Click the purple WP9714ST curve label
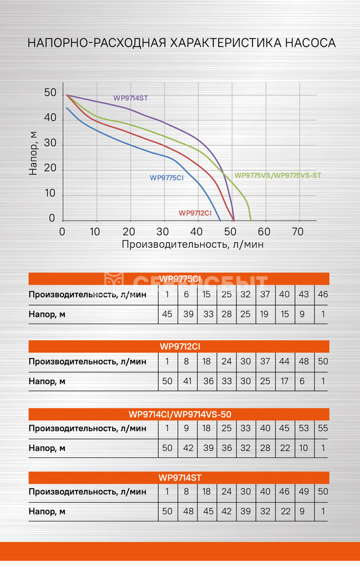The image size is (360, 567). pyautogui.click(x=130, y=98)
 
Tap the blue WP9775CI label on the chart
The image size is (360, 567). pyautogui.click(x=167, y=178)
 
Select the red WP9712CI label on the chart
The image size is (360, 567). pyautogui.click(x=195, y=213)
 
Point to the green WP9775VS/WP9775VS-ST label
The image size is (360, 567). pyautogui.click(x=278, y=175)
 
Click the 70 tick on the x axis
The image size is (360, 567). pyautogui.click(x=298, y=231)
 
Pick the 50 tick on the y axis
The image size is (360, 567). pyautogui.click(x=50, y=93)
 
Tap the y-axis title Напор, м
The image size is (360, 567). pyautogui.click(x=33, y=154)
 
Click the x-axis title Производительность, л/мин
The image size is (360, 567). pyautogui.click(x=192, y=245)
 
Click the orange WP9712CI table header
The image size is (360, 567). pyautogui.click(x=180, y=347)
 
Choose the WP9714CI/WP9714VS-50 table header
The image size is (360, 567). pyautogui.click(x=180, y=414)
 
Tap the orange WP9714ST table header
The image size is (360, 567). pyautogui.click(x=180, y=478)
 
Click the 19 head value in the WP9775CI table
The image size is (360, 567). pyautogui.click(x=264, y=314)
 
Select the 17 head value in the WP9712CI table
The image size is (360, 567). pyautogui.click(x=284, y=381)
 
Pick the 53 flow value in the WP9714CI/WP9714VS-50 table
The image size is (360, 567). pyautogui.click(x=303, y=429)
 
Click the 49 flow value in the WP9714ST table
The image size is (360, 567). pyautogui.click(x=303, y=492)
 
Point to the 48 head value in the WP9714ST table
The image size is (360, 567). pyautogui.click(x=188, y=512)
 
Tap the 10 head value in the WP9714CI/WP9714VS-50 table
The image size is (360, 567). pyautogui.click(x=303, y=449)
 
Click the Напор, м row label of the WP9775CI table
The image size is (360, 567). pyautogui.click(x=47, y=314)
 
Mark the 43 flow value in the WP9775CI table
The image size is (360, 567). pyautogui.click(x=303, y=294)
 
